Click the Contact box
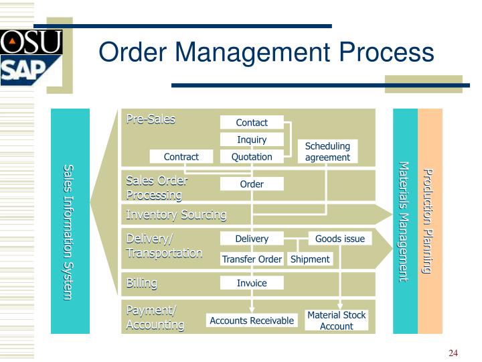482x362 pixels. click(252, 123)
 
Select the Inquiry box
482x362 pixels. click(252, 139)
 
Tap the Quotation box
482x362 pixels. click(252, 157)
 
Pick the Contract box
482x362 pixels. click(181, 157)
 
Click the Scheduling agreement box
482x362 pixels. click(327, 152)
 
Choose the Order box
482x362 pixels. click(252, 184)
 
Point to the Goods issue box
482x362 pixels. click(340, 239)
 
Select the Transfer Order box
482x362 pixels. click(252, 259)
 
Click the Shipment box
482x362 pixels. click(310, 259)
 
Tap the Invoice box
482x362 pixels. click(252, 283)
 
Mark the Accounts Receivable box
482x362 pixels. click(252, 320)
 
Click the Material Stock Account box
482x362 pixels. click(336, 320)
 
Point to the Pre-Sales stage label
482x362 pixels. click(151, 119)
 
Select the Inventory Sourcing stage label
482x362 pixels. click(176, 215)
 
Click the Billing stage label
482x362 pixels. click(142, 283)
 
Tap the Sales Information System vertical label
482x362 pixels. click(69, 231)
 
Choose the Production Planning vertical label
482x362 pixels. click(429, 221)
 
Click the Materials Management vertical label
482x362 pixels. click(404, 221)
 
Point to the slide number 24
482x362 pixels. click(453, 353)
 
